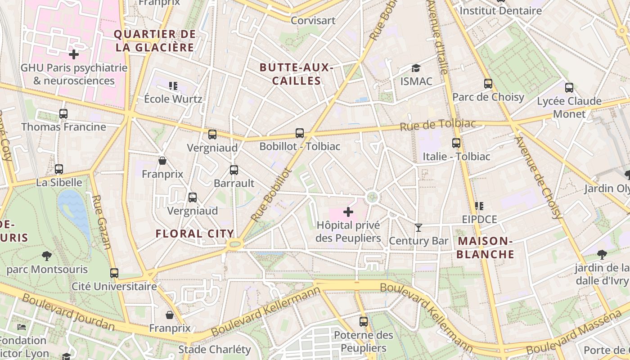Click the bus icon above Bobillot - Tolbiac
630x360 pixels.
pyautogui.click(x=300, y=133)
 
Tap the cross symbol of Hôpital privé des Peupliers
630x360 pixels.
pyautogui.click(x=348, y=211)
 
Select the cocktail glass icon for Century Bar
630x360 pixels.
pyautogui.click(x=418, y=228)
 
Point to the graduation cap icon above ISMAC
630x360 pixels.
pyautogui.click(x=416, y=68)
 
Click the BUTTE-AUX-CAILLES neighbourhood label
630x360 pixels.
pyautogui.click(x=297, y=74)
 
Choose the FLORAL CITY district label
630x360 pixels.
pyautogui.click(x=195, y=234)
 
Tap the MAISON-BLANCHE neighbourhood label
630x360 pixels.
pyautogui.click(x=486, y=247)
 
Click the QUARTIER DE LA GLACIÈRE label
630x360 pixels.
pyautogui.click(x=155, y=40)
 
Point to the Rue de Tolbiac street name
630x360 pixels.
pyautogui.click(x=437, y=125)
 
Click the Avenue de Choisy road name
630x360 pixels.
pyautogui.click(x=538, y=177)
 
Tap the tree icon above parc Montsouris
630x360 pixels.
pyautogui.click(x=46, y=256)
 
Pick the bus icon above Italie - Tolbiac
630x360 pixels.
pyautogui.click(x=456, y=143)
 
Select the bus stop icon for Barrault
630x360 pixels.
pyautogui.click(x=234, y=170)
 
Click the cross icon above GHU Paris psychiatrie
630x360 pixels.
pyautogui.click(x=74, y=55)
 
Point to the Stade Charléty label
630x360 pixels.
pyautogui.click(x=215, y=349)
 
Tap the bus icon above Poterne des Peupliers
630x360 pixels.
pyautogui.click(x=364, y=322)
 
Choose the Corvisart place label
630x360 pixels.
pyautogui.click(x=313, y=20)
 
